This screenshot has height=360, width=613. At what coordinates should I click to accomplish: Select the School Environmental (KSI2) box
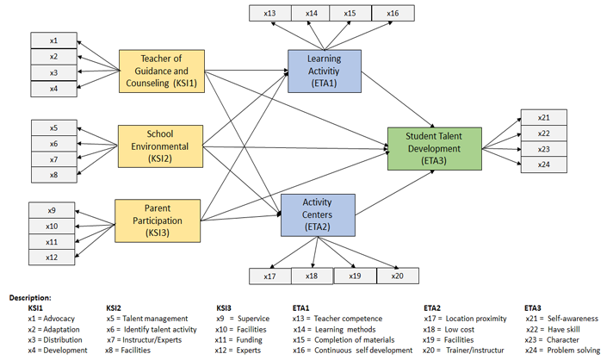tap(159, 146)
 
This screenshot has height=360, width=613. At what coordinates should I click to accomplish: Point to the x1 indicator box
tap(53, 40)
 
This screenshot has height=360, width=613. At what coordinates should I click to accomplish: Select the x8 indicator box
tap(53, 175)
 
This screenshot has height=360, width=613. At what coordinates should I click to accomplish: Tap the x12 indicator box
tap(52, 257)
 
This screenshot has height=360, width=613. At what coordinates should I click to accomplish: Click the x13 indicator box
tap(270, 13)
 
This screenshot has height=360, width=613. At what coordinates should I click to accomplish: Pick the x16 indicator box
tap(393, 13)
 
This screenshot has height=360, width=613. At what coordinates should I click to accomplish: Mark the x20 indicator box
tap(396, 276)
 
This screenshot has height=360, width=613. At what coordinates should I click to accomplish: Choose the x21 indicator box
tap(543, 117)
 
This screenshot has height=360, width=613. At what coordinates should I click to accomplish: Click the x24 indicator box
tap(543, 164)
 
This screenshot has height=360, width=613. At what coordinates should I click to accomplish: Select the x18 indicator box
tap(312, 276)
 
